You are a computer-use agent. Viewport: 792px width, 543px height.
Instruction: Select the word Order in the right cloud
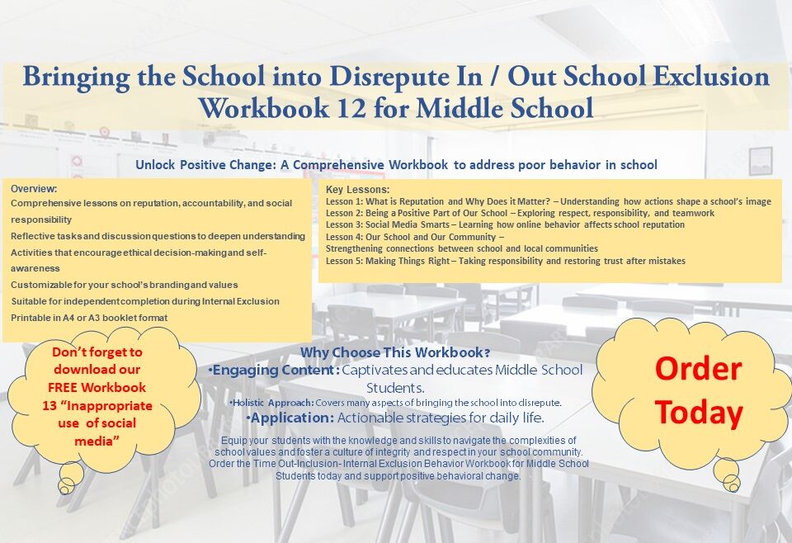coord(698,369)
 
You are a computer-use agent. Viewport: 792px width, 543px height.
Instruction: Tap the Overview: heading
coord(34,188)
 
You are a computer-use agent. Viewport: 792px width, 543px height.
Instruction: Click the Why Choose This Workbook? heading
coord(395,353)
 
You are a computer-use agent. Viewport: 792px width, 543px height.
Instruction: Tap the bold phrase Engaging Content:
coord(275,371)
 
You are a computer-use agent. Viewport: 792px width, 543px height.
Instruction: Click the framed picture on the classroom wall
coord(761,160)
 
